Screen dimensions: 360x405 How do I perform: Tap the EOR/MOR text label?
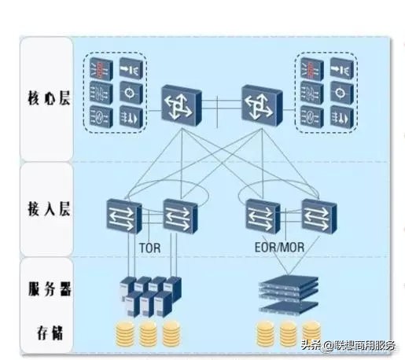(277, 246)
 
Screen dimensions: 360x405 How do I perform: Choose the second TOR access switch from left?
(179, 215)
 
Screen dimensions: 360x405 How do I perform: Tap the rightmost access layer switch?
(315, 215)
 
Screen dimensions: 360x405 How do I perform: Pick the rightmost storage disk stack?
(312, 332)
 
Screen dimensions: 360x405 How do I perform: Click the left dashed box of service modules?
(115, 93)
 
